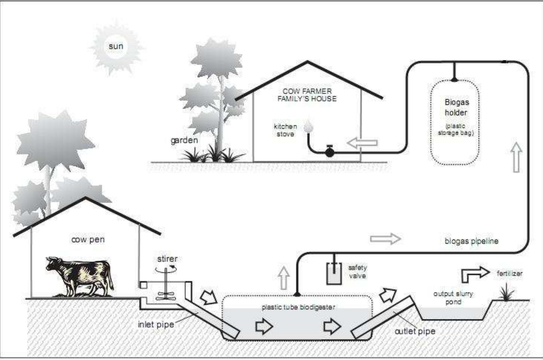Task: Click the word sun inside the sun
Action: (116, 46)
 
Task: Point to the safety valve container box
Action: (334, 274)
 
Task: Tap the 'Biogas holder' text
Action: (457, 107)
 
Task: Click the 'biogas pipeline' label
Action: (471, 241)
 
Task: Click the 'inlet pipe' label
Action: (156, 324)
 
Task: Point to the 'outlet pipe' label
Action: (415, 331)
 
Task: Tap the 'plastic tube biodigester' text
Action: (298, 307)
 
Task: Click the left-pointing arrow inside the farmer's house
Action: (362, 143)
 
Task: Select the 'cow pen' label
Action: (88, 239)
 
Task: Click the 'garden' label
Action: (184, 140)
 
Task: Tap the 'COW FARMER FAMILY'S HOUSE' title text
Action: (307, 95)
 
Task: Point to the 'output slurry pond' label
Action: (453, 298)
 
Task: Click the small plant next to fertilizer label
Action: (506, 293)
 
